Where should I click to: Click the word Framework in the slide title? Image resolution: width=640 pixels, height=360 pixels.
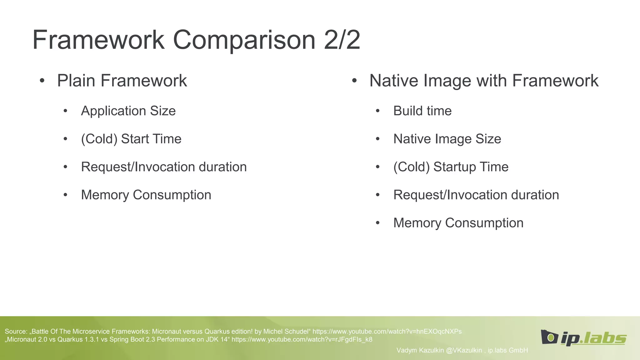98,40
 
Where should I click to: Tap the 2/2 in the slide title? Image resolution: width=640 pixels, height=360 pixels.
342,40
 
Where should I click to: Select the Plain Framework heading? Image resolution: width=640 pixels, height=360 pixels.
122,81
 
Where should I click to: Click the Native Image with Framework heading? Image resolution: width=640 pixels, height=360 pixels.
484,81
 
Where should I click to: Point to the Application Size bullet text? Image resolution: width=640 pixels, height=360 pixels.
128,111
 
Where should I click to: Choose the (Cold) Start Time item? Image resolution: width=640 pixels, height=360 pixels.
131,139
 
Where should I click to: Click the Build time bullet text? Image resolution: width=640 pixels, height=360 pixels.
422,111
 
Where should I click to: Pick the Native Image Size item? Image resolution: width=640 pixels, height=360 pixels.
447,139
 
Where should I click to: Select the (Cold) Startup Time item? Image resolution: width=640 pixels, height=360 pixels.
451,167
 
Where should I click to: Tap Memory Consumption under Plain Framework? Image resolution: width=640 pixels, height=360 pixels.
146,195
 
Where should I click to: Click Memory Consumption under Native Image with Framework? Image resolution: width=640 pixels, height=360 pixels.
458,223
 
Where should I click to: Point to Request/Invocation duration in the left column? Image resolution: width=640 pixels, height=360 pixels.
164,167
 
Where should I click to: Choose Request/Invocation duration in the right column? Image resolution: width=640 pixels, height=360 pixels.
476,195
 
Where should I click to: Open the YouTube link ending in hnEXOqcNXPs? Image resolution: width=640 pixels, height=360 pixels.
387,332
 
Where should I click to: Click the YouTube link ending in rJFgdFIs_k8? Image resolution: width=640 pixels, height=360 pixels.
302,339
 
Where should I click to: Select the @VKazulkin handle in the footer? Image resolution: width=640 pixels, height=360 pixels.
464,350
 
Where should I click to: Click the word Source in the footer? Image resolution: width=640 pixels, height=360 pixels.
16,332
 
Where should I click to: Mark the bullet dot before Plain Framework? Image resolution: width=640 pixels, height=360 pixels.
42,81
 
